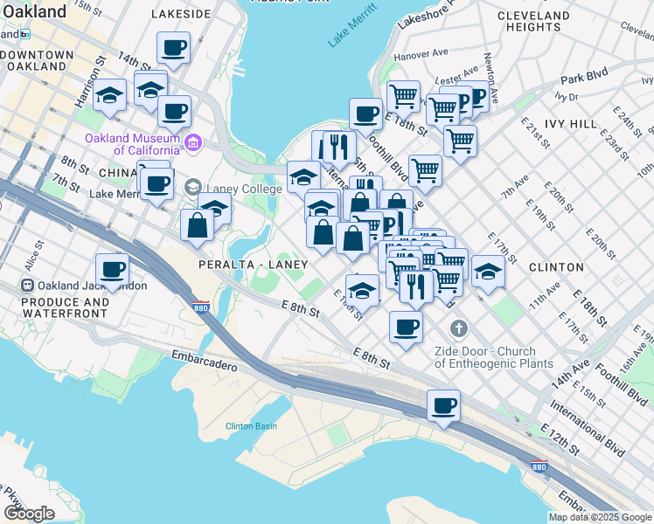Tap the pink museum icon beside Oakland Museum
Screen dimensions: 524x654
click(x=193, y=141)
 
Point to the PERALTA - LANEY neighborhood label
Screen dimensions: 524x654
click(x=253, y=264)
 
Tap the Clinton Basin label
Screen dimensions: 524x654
click(x=252, y=425)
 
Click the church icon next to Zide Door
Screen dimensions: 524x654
click(x=456, y=328)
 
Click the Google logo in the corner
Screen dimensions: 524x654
click(x=29, y=514)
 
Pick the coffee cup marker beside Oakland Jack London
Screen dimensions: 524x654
click(x=112, y=269)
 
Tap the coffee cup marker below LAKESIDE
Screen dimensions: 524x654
click(x=173, y=47)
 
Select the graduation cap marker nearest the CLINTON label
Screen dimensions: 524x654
click(x=488, y=272)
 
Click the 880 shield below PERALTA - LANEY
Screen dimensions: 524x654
click(x=201, y=307)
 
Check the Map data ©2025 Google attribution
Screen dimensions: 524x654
click(x=600, y=517)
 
